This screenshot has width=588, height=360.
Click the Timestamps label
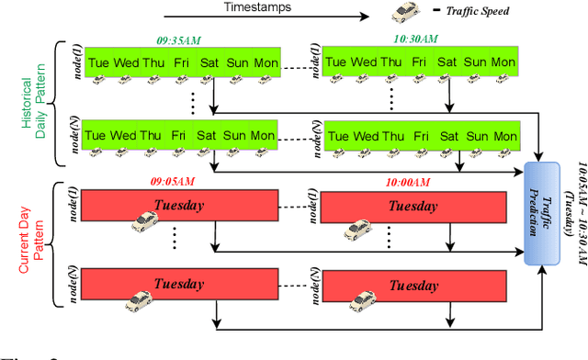tap(258, 7)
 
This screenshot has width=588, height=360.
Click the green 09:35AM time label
tap(179, 40)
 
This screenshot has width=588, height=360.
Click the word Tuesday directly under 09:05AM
tap(179, 204)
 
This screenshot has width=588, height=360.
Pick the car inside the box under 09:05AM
tap(145, 220)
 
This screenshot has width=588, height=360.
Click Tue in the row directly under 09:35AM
tap(96, 62)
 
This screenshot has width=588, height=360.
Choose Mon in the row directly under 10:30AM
tap(503, 62)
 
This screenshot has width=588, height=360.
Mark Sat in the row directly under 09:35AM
tap(209, 62)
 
